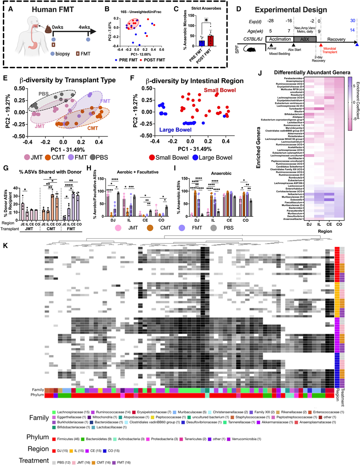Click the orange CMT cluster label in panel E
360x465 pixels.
(92, 129)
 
